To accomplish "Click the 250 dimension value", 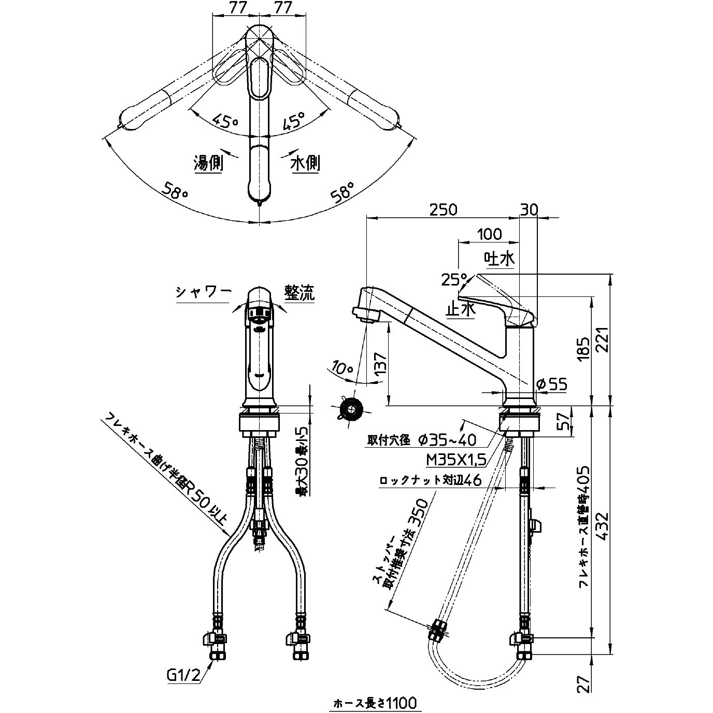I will tap(443, 209).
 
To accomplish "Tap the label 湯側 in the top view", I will tap(208, 164).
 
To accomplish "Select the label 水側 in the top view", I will tap(305, 164).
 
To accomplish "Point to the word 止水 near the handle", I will tap(460, 310).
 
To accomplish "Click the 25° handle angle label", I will tap(454, 280).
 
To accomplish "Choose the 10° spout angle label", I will tap(342, 368).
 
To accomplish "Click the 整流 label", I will tap(299, 293).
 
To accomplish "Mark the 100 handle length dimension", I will tap(489, 234).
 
